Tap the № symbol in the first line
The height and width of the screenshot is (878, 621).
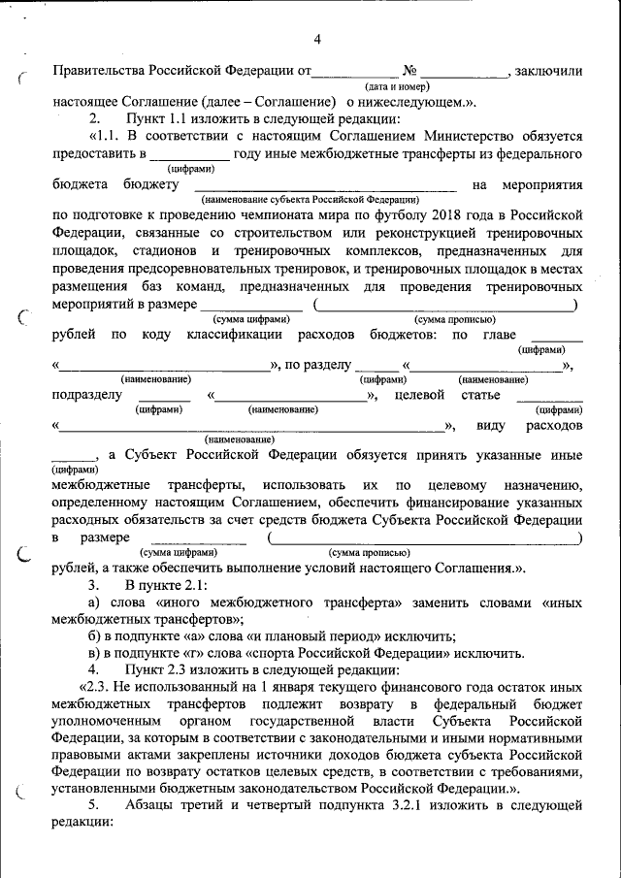[x=409, y=71]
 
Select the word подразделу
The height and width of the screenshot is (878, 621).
[x=87, y=396]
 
